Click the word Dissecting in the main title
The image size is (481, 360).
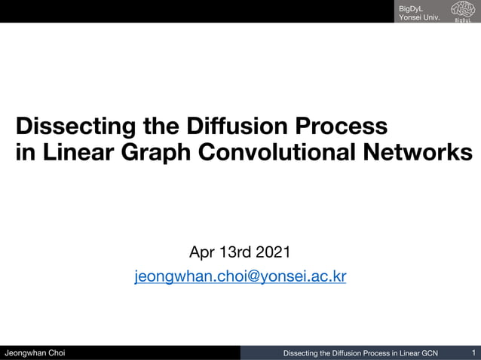coord(65,125)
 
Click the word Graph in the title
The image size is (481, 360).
coord(160,151)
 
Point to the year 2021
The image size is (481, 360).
coord(275,252)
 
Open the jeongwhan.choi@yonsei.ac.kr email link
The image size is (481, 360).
coord(240,276)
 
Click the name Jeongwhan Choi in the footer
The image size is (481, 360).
coord(35,353)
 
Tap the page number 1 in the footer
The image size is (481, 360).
coord(473,352)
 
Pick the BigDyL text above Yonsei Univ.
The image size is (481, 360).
coord(411,7)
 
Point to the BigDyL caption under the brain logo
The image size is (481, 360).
coord(461,20)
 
